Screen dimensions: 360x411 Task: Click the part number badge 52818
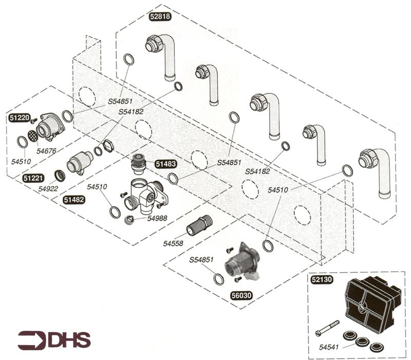[160, 16]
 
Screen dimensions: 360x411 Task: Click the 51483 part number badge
[166, 164]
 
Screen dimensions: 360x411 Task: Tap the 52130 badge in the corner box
[322, 280]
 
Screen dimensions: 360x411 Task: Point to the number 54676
[46, 151]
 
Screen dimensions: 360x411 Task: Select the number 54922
[49, 188]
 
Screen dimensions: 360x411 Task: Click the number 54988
[157, 218]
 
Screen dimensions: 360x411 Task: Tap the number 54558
[174, 243]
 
